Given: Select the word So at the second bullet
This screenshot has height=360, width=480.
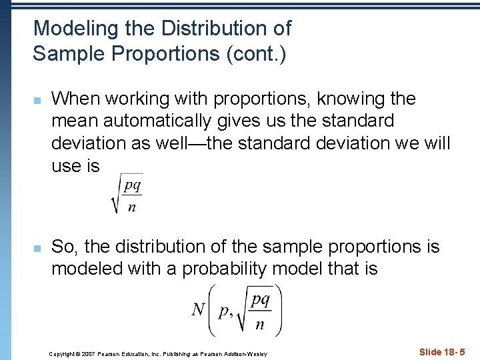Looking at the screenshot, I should [x=63, y=247].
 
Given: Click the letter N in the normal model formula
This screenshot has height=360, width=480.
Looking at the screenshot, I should [x=199, y=310].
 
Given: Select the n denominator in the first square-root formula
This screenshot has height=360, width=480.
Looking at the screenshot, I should [x=132, y=207].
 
